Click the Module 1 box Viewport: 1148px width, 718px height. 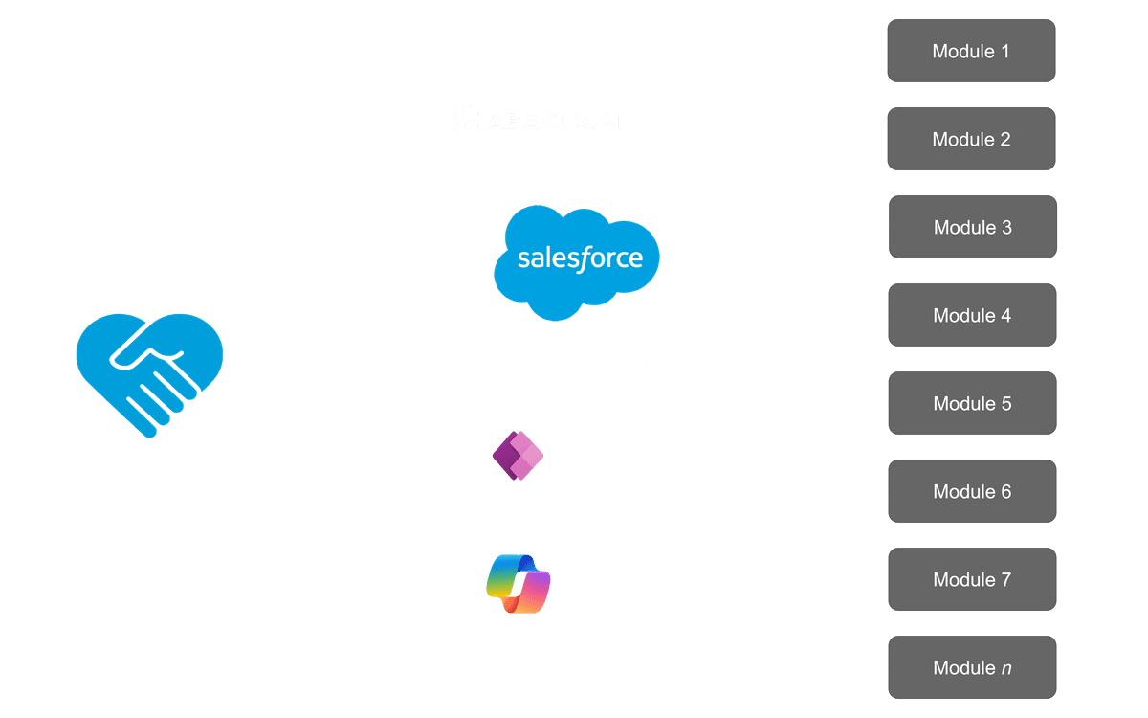(971, 52)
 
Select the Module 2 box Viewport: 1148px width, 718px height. (971, 140)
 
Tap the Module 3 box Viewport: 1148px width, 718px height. (972, 228)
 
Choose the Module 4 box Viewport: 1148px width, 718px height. (972, 316)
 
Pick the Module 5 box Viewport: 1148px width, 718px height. (972, 404)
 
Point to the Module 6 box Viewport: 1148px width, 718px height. (972, 492)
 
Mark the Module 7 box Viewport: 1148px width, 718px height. (972, 580)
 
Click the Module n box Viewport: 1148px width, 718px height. (972, 668)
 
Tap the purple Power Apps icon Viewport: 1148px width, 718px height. (518, 457)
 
